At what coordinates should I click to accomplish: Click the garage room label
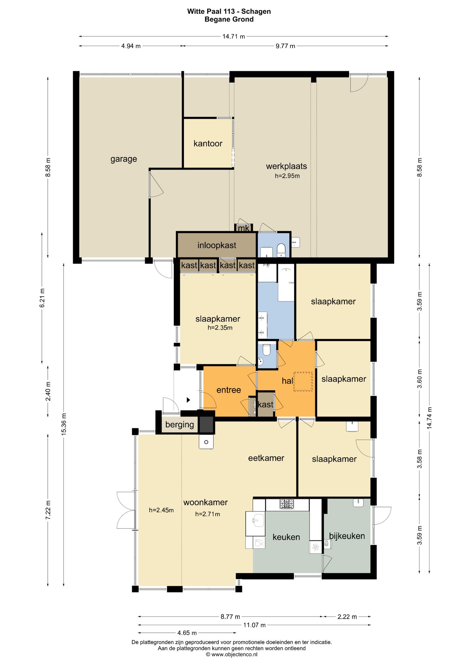[124, 159]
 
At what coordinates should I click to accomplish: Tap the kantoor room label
[208, 143]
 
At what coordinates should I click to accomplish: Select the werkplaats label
[287, 166]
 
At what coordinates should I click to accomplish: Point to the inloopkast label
[217, 245]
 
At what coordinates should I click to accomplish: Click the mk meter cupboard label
[244, 228]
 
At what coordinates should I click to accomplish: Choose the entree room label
[229, 390]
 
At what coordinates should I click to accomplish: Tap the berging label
[180, 425]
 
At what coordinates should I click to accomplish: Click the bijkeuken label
[347, 536]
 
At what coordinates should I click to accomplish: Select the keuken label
[286, 537]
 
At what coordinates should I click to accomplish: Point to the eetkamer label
[266, 458]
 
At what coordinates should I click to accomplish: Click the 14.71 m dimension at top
[234, 36]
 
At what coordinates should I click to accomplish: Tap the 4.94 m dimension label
[131, 46]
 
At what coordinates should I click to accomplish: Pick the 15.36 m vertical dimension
[64, 423]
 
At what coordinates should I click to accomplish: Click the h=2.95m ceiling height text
[287, 176]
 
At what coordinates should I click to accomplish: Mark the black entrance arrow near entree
[188, 400]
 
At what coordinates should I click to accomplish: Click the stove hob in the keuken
[287, 504]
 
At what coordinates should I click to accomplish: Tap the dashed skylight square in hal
[303, 381]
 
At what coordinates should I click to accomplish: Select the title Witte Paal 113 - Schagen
[229, 11]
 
